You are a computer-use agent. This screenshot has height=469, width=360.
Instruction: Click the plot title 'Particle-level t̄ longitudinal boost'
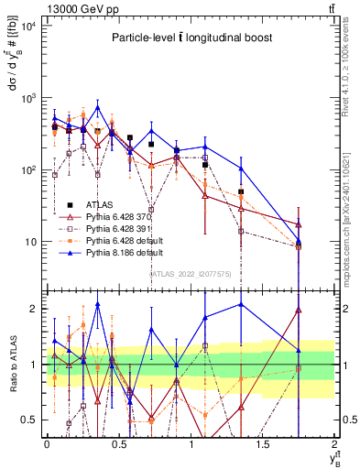(x=189, y=38)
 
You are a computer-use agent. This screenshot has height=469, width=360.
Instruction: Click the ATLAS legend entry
(x=98, y=204)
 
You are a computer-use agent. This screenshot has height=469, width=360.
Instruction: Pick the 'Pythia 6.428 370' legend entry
(x=121, y=216)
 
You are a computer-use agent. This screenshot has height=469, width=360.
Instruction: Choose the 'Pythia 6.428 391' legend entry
(x=121, y=227)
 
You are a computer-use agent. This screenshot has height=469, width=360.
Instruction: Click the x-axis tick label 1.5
(x=263, y=444)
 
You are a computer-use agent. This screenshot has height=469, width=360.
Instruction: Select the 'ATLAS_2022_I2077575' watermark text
(x=189, y=274)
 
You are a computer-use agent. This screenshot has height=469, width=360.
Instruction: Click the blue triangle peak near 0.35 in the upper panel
(x=97, y=107)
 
